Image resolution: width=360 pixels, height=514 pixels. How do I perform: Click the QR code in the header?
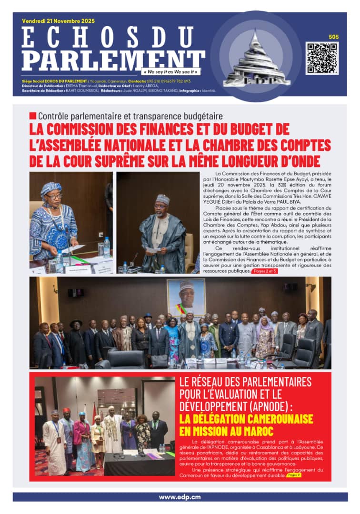[322, 58]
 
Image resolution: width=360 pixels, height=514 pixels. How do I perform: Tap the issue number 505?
[333, 37]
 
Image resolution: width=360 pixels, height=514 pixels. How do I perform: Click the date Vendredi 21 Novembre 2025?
[58, 21]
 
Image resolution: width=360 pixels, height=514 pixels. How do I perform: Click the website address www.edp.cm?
[180, 497]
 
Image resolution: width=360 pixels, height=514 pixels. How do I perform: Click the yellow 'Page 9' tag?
[293, 475]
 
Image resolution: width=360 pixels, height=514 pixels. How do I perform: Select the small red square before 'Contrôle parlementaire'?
[32, 116]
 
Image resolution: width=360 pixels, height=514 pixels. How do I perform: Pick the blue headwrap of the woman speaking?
[50, 188]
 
